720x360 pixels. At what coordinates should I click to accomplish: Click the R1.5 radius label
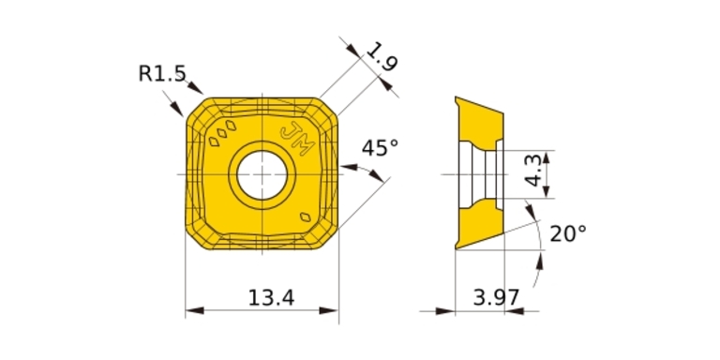(162, 73)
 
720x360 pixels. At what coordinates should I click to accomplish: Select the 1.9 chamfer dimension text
(382, 56)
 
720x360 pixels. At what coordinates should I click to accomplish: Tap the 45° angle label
(381, 148)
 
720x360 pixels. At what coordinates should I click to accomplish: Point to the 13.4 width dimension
(271, 298)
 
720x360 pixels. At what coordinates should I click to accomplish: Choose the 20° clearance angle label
(568, 234)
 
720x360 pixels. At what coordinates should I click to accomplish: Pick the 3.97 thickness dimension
(496, 298)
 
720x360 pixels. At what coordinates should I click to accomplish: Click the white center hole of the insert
(262, 175)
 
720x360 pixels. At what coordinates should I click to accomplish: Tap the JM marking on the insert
(297, 140)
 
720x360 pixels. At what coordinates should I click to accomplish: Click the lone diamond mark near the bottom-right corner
(305, 217)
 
